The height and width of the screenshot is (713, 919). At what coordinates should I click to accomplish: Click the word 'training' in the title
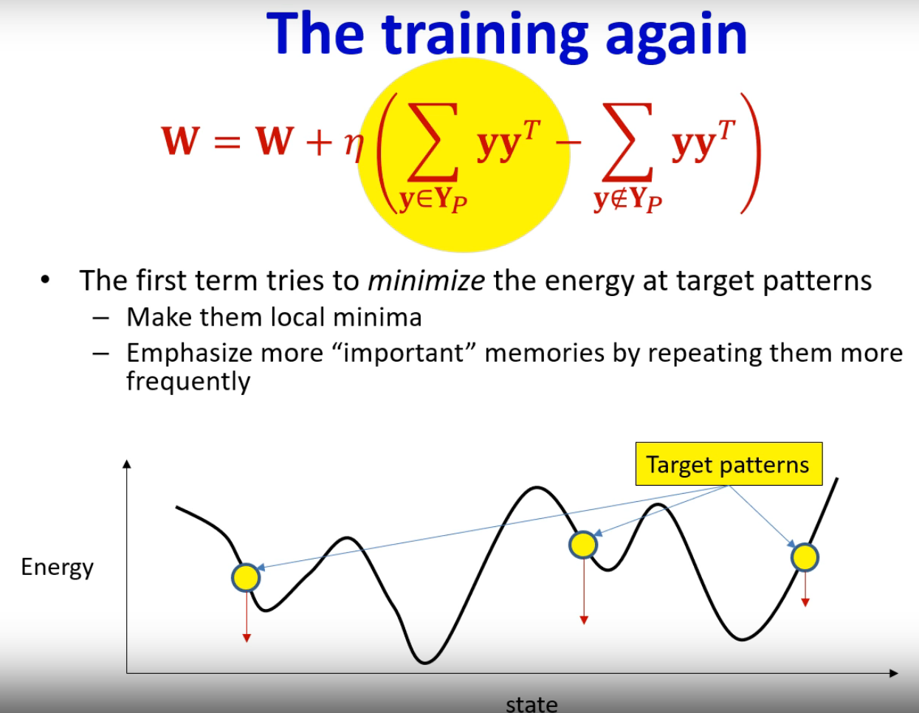point(485,37)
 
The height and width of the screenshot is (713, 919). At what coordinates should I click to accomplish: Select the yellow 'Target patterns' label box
point(729,464)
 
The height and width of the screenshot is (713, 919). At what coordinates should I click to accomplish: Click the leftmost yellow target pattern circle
point(246,577)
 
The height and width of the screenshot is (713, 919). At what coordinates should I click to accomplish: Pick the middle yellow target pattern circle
point(583,545)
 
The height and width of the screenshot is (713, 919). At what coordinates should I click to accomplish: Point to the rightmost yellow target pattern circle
point(805,557)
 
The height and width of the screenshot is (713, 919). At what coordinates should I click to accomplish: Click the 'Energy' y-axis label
point(57,568)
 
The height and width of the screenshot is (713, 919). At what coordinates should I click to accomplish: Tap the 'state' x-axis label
point(531,704)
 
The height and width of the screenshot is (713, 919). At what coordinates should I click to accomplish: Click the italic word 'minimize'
point(427,280)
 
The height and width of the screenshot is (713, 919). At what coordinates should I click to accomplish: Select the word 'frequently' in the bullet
point(189,382)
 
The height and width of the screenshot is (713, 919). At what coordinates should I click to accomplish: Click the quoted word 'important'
point(404,353)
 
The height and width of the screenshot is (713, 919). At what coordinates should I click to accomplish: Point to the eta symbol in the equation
point(354,145)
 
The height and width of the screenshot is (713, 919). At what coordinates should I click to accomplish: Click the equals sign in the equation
point(227,142)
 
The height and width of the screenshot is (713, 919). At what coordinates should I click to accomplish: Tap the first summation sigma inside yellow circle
point(433,142)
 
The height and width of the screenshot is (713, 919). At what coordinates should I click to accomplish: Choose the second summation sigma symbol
point(627,142)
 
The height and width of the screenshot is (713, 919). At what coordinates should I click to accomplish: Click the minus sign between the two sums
point(568,142)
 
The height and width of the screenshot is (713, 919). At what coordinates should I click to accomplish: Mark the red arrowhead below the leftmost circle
point(247,638)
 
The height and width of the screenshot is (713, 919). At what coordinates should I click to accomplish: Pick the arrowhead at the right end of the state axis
point(894,673)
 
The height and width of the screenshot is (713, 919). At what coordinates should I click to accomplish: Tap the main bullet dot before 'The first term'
point(45,280)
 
